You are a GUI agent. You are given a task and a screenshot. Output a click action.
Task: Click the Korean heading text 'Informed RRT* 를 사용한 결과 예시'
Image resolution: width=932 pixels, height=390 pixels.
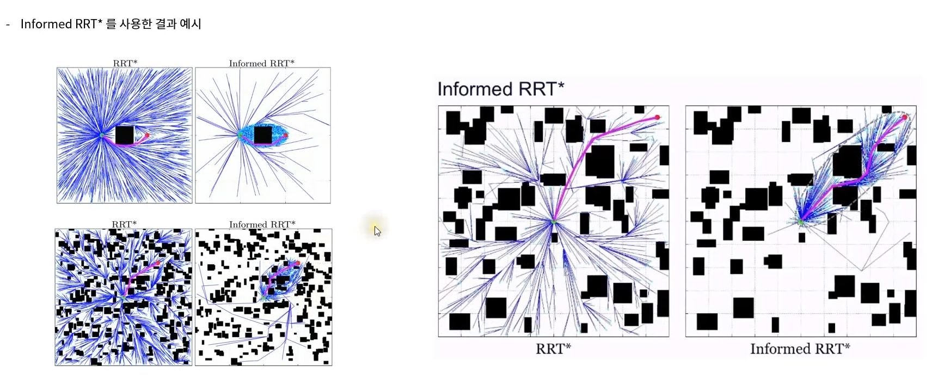111,24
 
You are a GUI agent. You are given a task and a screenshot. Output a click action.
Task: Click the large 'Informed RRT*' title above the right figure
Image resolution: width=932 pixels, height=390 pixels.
500,89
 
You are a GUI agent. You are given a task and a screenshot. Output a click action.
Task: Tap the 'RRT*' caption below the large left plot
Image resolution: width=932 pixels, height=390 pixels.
553,349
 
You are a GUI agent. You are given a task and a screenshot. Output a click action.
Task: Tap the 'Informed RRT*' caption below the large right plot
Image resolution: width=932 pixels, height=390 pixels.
800,349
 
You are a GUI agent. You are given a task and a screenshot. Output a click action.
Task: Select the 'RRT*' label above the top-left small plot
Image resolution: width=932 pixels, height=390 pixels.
125,63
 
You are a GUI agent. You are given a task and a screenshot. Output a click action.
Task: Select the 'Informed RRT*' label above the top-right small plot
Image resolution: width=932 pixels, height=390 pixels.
261,63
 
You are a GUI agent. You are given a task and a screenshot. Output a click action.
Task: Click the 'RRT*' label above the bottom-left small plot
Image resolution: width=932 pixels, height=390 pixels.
124,224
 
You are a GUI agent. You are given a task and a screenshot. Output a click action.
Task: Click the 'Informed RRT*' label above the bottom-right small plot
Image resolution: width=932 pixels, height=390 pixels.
262,224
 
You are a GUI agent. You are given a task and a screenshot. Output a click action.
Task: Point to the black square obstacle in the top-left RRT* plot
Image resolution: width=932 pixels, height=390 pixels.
125,135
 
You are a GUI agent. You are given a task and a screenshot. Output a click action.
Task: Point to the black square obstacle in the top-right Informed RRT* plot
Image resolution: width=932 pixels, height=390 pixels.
263,135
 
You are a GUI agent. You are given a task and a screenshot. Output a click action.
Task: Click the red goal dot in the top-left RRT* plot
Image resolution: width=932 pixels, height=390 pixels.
147,135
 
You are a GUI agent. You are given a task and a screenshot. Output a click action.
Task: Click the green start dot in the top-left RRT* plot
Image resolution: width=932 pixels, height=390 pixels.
101,135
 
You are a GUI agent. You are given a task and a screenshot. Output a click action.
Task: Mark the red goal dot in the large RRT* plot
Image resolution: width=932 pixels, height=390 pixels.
657,117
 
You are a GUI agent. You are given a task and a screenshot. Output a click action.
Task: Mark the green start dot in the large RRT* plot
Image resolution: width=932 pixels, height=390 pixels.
554,222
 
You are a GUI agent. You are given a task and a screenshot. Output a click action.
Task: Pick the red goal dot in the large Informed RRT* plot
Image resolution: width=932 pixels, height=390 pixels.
905,117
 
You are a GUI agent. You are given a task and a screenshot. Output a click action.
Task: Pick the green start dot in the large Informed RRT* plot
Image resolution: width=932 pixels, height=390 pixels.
801,222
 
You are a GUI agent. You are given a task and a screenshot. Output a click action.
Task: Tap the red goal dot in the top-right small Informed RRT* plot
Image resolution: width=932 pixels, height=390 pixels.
285,135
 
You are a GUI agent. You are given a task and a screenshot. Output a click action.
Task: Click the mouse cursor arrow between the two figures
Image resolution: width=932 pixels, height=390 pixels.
377,230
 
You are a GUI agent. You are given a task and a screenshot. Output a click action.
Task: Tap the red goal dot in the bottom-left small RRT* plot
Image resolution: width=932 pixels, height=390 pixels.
158,264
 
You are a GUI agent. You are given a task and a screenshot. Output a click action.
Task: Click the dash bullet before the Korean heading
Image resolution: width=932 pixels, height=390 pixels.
8,25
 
